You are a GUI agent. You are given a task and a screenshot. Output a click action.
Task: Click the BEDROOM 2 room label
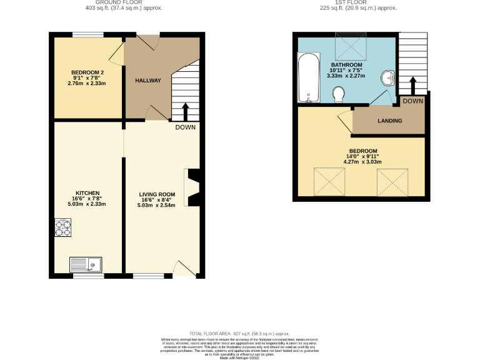(x=87, y=72)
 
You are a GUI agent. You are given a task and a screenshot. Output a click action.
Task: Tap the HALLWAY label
(x=148, y=81)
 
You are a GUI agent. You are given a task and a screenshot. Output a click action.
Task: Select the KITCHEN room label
(x=87, y=193)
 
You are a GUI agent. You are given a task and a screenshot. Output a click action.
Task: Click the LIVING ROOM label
(x=156, y=194)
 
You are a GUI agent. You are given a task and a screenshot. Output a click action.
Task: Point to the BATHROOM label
(x=346, y=65)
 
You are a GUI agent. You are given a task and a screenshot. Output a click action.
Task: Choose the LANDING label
(x=389, y=121)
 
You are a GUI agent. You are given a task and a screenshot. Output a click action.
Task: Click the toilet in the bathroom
(x=339, y=94)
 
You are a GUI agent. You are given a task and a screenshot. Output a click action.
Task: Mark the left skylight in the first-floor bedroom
(x=329, y=181)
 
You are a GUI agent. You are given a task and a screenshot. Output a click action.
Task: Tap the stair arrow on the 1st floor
(x=412, y=84)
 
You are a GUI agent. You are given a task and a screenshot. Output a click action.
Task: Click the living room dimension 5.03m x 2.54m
(x=156, y=205)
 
